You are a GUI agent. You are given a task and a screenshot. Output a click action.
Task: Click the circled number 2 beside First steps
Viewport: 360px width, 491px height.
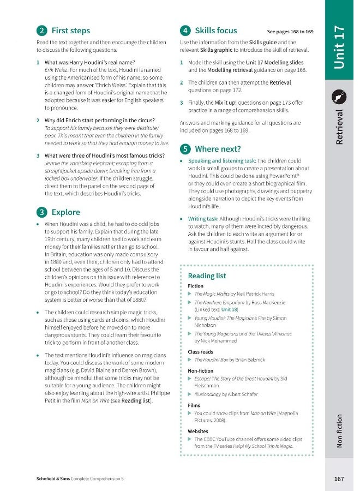[41, 31]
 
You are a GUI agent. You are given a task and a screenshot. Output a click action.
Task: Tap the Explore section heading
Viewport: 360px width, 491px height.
[65, 212]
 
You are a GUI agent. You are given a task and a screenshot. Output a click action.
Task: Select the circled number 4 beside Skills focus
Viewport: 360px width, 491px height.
[185, 31]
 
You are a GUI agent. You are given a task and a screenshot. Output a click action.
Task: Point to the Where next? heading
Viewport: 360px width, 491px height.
[217, 148]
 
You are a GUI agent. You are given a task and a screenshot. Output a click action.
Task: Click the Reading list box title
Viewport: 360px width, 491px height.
[207, 276]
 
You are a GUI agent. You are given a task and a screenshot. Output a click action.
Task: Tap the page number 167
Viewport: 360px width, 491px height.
[339, 478]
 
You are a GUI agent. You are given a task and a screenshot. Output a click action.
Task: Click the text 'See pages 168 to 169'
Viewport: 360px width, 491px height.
[290, 32]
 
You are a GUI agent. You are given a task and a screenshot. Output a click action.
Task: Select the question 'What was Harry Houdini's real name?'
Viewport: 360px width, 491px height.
[89, 62]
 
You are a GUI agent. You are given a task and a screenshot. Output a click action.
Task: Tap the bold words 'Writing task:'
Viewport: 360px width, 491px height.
[205, 219]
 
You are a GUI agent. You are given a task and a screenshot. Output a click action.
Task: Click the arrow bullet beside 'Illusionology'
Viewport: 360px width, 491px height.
[189, 394]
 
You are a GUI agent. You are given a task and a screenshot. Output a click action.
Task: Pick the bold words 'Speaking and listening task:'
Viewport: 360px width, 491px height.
[221, 161]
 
